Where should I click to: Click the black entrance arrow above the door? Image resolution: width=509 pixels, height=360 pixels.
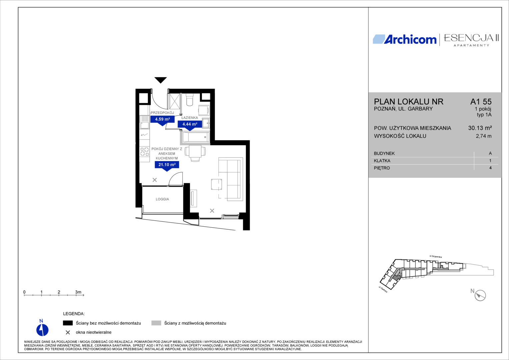pyautogui.click(x=161, y=80)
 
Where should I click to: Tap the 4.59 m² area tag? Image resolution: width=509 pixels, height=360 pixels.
pyautogui.click(x=162, y=120)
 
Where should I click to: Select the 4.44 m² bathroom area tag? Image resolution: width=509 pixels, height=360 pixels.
pyautogui.click(x=190, y=125)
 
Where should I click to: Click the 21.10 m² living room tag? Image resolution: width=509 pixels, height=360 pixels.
pyautogui.click(x=167, y=166)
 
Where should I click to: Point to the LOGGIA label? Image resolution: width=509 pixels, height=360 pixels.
pyautogui.click(x=162, y=199)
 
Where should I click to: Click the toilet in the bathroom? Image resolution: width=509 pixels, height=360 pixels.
pyautogui.click(x=190, y=100)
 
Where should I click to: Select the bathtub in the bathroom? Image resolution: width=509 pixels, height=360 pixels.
pyautogui.click(x=196, y=137)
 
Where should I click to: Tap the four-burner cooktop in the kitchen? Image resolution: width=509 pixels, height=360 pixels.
pyautogui.click(x=145, y=152)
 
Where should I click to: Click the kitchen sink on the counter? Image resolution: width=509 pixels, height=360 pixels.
pyautogui.click(x=145, y=122)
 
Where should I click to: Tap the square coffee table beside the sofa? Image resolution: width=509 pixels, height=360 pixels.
pyautogui.click(x=216, y=184)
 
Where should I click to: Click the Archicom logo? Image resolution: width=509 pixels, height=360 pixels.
pyautogui.click(x=404, y=39)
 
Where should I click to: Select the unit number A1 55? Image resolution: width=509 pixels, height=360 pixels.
pyautogui.click(x=481, y=102)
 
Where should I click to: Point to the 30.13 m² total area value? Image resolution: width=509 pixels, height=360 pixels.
pyautogui.click(x=480, y=128)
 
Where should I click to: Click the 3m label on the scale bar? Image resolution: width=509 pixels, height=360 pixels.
pyautogui.click(x=78, y=292)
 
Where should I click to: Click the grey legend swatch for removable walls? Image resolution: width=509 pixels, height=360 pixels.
pyautogui.click(x=156, y=323)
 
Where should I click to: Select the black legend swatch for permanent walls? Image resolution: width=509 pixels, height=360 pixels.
pyautogui.click(x=68, y=323)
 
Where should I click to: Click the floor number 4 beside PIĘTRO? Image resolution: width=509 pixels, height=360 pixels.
pyautogui.click(x=490, y=168)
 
